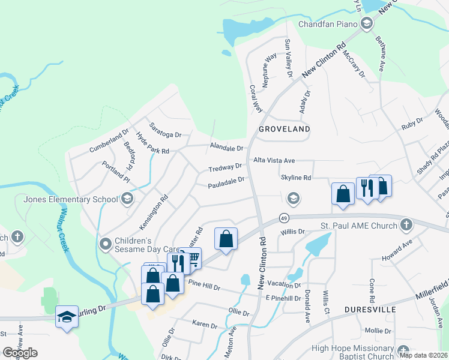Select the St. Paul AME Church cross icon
click(x=406, y=226)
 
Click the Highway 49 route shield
click(x=284, y=218)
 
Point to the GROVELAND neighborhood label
click(x=285, y=129)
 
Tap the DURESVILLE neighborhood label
click(x=370, y=310)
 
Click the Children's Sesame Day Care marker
click(x=106, y=243)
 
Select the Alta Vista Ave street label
click(x=274, y=161)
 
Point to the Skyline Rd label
click(x=295, y=178)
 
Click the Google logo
click(x=20, y=353)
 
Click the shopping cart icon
click(x=193, y=258)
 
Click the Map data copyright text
click(x=424, y=355)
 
